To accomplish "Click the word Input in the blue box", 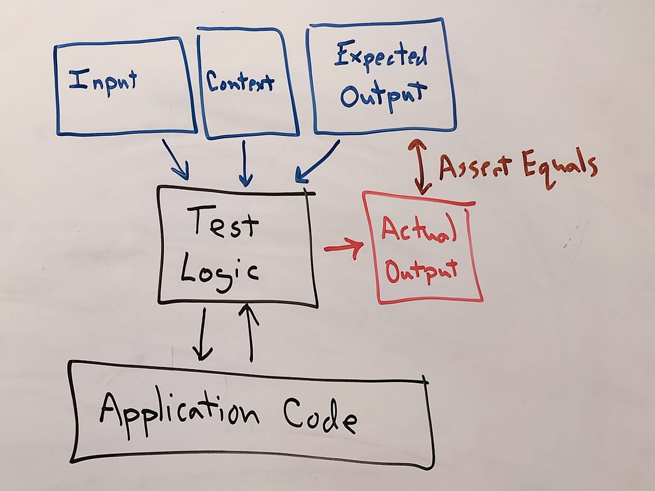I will click(103, 83).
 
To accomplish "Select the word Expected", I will click(381, 57).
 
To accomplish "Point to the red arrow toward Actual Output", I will click(344, 249).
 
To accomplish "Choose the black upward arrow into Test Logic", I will click(251, 333).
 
